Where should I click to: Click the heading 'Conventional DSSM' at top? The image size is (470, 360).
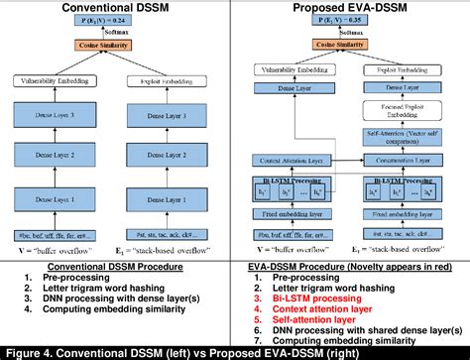116,9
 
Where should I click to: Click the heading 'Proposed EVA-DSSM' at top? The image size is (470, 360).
353,9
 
